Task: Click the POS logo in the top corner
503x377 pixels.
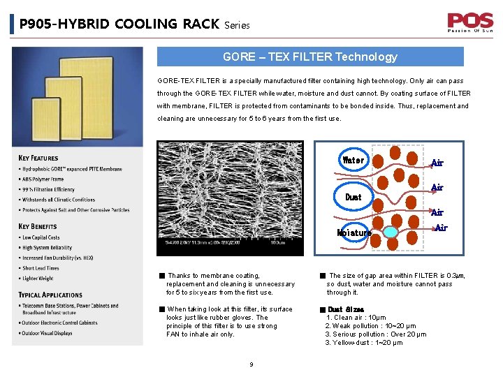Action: coord(470,22)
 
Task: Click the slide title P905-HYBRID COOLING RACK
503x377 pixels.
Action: coord(119,24)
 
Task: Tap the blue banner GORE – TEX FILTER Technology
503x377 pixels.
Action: coord(309,57)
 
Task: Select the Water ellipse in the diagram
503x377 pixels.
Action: coord(353,160)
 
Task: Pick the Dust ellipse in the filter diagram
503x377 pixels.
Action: coord(354,197)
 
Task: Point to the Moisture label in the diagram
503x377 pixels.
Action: coord(354,233)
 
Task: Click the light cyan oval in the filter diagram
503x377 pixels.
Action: coord(392,232)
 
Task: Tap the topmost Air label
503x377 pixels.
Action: coord(437,163)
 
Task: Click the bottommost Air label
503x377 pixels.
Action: coord(441,228)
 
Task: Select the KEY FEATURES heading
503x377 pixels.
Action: coord(38,158)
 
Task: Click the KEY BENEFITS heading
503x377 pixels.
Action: coord(38,226)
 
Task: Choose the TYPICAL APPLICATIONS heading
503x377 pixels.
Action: coord(50,295)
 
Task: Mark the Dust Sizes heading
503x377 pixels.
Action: coord(346,309)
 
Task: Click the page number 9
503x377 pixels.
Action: coord(251,364)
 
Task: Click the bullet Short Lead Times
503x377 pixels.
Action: coord(41,268)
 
